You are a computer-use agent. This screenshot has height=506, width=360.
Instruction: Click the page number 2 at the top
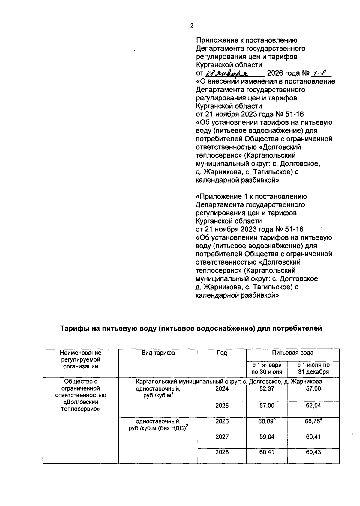tap(192, 26)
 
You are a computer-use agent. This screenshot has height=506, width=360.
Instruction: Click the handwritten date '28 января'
tap(226, 73)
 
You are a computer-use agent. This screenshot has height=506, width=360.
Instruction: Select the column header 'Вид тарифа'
tap(158, 353)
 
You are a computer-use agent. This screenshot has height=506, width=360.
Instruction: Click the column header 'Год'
tap(222, 353)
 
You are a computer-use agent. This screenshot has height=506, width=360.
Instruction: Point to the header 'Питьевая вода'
tap(292, 353)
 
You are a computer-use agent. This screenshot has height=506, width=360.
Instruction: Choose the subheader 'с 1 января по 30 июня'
tap(267, 368)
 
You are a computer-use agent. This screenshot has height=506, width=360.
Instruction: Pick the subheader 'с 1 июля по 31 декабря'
tap(313, 368)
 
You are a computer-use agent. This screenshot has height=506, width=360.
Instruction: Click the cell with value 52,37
tap(267, 389)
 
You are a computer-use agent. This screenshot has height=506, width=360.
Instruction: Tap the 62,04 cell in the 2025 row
tap(313, 406)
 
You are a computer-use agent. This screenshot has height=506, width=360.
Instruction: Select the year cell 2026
tap(222, 421)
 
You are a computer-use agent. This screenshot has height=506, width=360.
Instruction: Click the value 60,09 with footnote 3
tap(267, 421)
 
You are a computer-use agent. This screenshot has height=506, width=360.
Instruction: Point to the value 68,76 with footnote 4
tap(313, 421)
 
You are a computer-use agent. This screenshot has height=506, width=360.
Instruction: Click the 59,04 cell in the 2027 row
tap(267, 437)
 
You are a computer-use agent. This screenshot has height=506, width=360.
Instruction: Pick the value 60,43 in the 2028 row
tap(313, 452)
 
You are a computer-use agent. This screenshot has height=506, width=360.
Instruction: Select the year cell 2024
tap(222, 389)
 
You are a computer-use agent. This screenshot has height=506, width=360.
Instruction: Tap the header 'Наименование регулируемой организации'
tap(80, 359)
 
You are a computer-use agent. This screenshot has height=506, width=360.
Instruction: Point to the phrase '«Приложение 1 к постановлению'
tap(251, 197)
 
